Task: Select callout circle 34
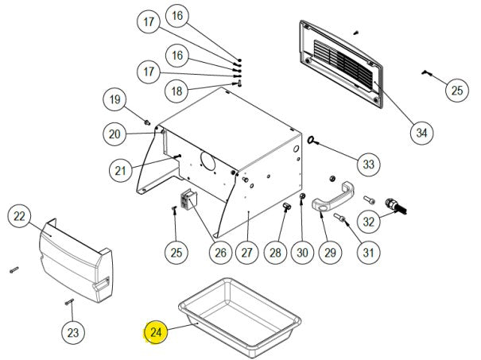click(x=421, y=134)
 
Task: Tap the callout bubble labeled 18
click(x=177, y=91)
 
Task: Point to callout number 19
click(x=114, y=100)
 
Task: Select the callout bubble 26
click(x=219, y=253)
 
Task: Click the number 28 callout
click(x=275, y=253)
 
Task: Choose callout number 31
click(x=367, y=253)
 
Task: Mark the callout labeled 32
click(x=369, y=219)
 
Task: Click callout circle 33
click(x=367, y=165)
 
